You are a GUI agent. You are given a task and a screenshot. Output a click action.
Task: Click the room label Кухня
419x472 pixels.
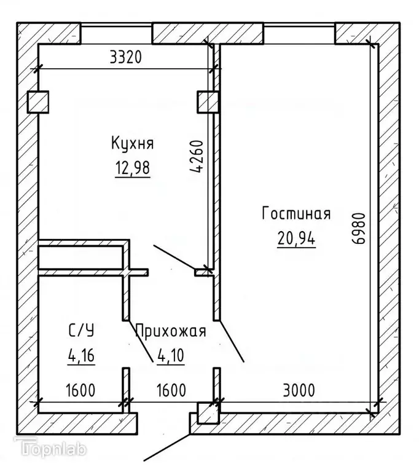(133, 143)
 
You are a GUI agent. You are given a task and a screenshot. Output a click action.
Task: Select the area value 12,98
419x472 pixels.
(133, 168)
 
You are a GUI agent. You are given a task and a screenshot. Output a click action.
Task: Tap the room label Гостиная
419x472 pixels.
(296, 213)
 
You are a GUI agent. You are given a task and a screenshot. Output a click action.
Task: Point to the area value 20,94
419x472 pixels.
(296, 238)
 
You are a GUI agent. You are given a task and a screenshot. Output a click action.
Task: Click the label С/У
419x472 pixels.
(81, 330)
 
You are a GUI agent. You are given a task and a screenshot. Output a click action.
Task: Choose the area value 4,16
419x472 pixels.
(81, 355)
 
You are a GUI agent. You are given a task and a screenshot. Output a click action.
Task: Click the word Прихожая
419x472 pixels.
(171, 331)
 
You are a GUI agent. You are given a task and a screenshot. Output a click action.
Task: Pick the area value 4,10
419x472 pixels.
(171, 355)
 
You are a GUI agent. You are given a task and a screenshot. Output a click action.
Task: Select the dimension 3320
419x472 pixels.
(125, 57)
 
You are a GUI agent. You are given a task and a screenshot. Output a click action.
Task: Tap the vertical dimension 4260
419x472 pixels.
(197, 156)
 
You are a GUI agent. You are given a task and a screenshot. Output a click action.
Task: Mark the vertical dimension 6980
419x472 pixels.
(358, 228)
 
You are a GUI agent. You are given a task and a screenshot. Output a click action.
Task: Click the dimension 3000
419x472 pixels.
(299, 390)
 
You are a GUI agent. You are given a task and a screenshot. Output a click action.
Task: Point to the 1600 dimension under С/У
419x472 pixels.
(80, 390)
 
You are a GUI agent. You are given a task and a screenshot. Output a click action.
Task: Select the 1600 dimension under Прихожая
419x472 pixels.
(171, 390)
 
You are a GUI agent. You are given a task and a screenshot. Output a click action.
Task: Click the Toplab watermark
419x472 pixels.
(50, 447)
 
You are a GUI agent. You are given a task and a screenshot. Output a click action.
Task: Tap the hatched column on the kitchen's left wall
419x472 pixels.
(38, 102)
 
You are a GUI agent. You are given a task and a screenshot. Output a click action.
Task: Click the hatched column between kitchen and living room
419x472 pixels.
(208, 102)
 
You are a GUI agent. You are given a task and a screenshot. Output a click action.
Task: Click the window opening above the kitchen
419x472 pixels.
(116, 34)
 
